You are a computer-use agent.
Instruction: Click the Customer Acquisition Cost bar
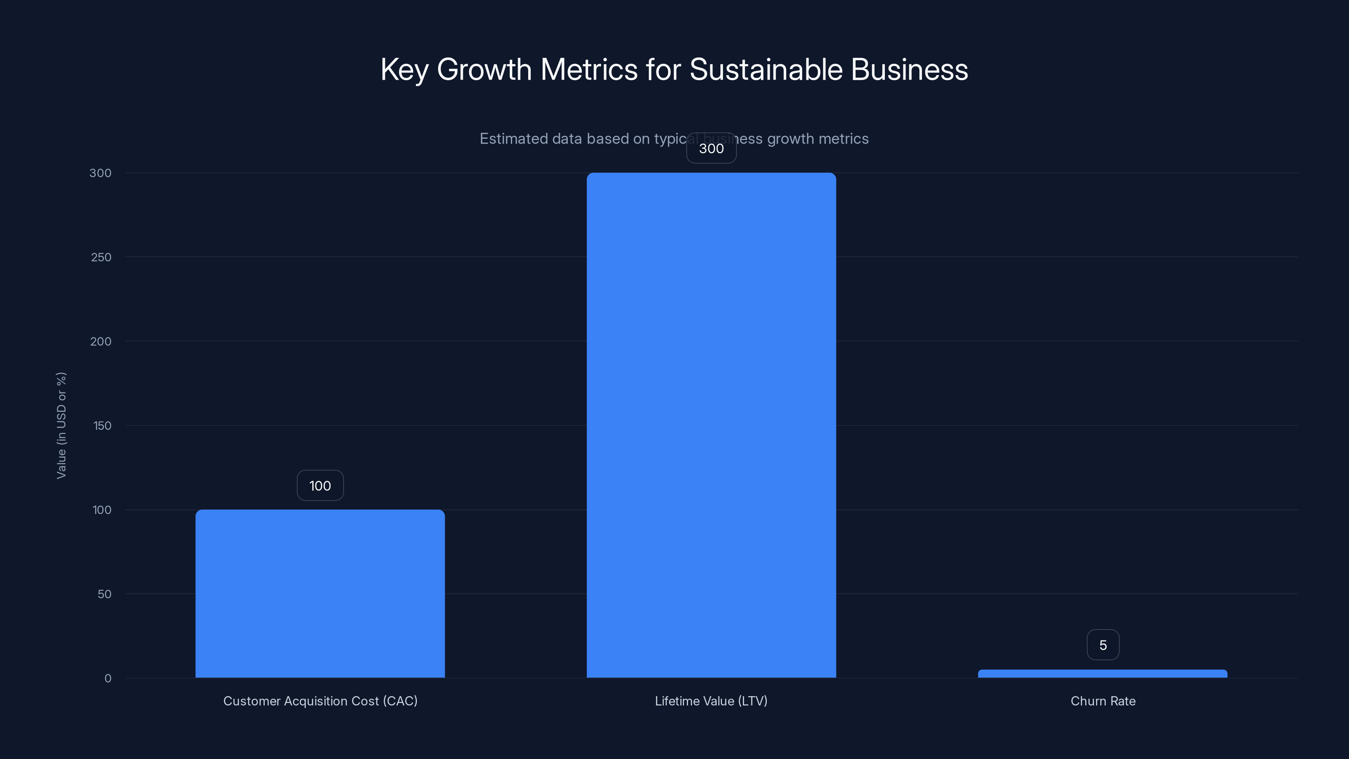[x=320, y=593]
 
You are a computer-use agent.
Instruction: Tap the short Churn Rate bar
[x=1102, y=674]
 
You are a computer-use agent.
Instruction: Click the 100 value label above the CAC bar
[x=320, y=486]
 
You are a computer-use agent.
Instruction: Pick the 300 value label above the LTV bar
[x=711, y=148]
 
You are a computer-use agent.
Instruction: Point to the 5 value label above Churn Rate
[x=1103, y=645]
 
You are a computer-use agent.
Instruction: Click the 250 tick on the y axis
[x=101, y=257]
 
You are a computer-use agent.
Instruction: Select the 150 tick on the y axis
[x=102, y=426]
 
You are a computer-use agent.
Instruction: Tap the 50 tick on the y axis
[x=104, y=594]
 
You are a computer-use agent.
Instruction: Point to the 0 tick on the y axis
[x=108, y=678]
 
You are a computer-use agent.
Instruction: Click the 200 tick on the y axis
[x=101, y=342]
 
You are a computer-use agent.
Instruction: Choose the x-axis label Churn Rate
[x=1103, y=701]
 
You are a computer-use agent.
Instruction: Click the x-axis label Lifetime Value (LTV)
[x=711, y=701]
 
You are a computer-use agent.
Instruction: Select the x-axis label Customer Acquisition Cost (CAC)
[x=320, y=701]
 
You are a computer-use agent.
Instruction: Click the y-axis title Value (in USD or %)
[x=61, y=425]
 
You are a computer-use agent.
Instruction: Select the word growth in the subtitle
[x=790, y=139]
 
